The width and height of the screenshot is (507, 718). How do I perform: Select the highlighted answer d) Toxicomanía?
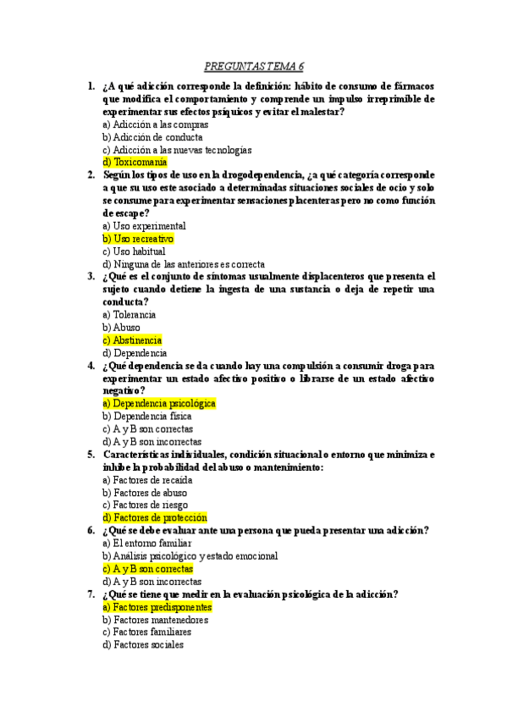point(135,163)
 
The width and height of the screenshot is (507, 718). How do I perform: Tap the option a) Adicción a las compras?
point(155,124)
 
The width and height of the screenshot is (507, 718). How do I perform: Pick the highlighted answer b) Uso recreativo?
point(138,239)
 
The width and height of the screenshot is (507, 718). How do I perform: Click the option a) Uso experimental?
point(144,226)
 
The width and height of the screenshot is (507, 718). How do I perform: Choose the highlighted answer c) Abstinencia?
point(132,340)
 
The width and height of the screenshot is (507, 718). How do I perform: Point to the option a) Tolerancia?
point(129,315)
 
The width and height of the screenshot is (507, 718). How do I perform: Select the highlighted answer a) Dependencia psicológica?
point(159,404)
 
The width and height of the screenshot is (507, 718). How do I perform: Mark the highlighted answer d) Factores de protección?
point(155,517)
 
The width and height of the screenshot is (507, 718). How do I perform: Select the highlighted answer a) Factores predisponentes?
point(157,607)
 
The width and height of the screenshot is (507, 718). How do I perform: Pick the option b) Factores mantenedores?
point(155,620)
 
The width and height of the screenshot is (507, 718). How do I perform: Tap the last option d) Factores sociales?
point(142,645)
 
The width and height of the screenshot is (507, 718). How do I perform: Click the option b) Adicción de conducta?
point(152,137)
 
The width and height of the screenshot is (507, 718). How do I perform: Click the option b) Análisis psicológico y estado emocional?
point(190,556)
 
